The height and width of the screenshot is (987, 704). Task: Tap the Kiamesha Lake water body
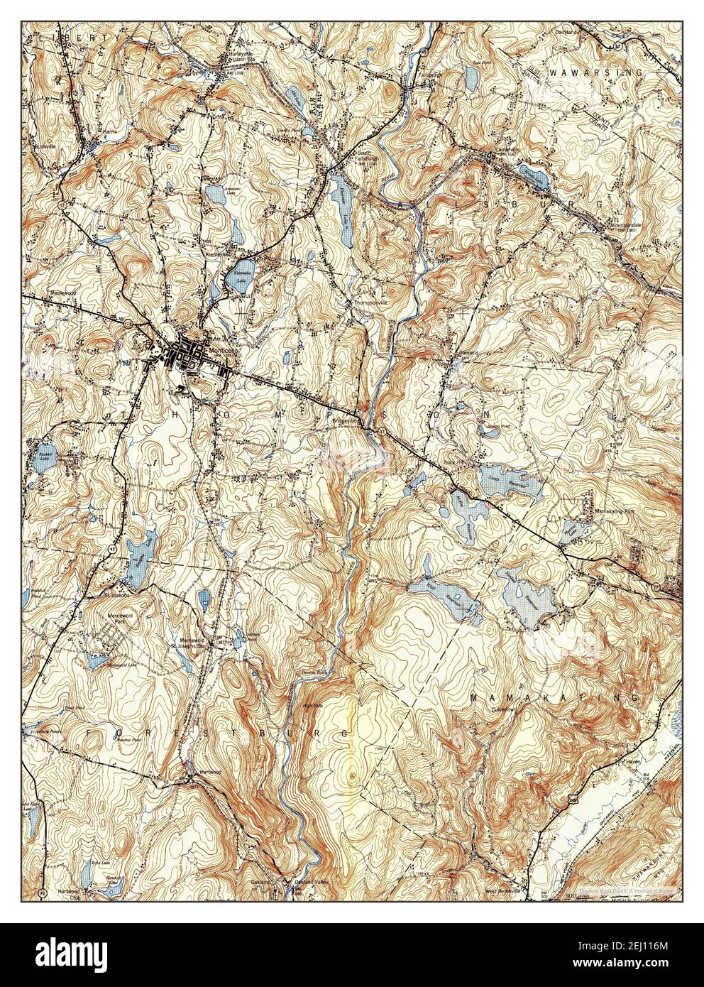pos(237,280)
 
